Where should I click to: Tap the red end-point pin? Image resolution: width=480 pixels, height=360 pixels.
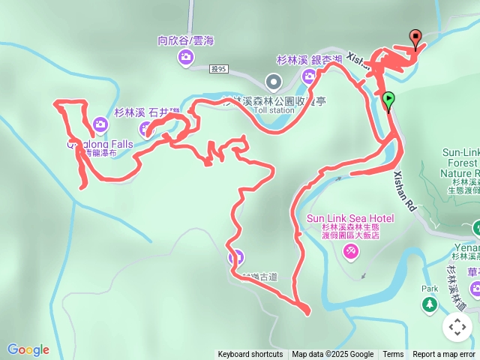[x=415, y=37]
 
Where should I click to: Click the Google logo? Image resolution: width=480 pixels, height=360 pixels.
[x=28, y=349]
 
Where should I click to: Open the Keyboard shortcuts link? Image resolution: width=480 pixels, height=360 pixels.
[x=250, y=355]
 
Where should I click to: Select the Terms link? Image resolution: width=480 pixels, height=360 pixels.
[x=393, y=355]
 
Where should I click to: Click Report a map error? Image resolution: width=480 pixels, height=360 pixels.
[x=443, y=355]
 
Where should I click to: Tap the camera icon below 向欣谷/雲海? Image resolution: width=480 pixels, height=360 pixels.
[x=184, y=57]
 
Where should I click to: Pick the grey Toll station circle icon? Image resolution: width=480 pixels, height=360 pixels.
[x=274, y=80]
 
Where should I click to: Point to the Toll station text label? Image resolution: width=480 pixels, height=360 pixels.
[x=274, y=110]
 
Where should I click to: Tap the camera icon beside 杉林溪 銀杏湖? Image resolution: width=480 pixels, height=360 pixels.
[x=309, y=76]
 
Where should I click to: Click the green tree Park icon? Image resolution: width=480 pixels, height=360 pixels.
[x=429, y=304]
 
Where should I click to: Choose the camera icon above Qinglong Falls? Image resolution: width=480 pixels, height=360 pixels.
[x=100, y=124]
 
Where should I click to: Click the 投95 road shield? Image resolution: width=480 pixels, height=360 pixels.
[x=218, y=68]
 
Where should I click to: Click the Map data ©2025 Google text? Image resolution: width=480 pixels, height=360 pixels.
[x=333, y=355]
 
